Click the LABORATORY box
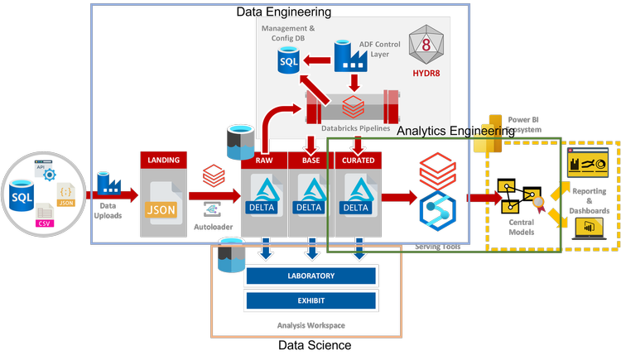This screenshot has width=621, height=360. point(310,276)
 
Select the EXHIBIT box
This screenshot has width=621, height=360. point(310,300)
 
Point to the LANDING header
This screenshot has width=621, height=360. point(162,159)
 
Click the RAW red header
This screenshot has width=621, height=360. point(263,159)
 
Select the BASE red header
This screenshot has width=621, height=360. point(310,159)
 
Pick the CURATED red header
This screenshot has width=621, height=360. point(357,159)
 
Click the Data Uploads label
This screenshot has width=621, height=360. point(110,210)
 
